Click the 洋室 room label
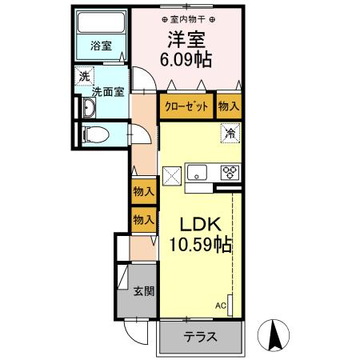pyautogui.click(x=186, y=38)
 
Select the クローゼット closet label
pyautogui.click(x=186, y=106)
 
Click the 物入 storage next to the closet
pyautogui.click(x=228, y=106)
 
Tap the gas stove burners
pyautogui.click(x=230, y=172)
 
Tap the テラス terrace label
pyautogui.click(x=200, y=337)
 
